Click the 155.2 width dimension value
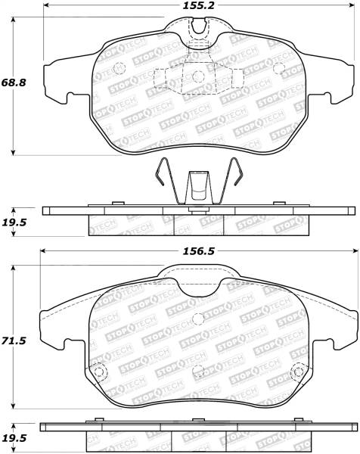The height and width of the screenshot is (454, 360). pyautogui.click(x=198, y=5)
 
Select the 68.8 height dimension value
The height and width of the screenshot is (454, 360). pyautogui.click(x=14, y=82)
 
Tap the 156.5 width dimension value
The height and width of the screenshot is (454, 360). pyautogui.click(x=198, y=251)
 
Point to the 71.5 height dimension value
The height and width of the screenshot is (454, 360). pyautogui.click(x=14, y=340)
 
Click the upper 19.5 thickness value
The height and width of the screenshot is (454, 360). pyautogui.click(x=14, y=222)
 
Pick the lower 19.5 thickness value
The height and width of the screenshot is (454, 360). pyautogui.click(x=14, y=438)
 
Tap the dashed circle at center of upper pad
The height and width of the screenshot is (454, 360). pyautogui.click(x=198, y=76)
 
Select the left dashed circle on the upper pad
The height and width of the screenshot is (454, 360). pyautogui.click(x=119, y=69)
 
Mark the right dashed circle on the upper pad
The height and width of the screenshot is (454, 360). pyautogui.click(x=279, y=68)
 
